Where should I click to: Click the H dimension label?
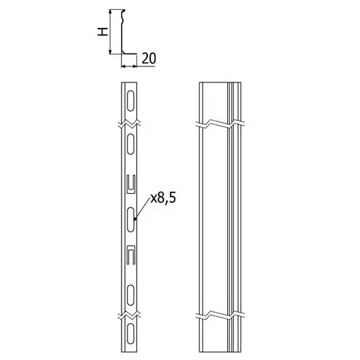coord(103,32)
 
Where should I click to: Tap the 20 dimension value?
coord(149,58)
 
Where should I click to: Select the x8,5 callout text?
coord(163,198)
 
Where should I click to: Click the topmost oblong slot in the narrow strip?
coord(130,101)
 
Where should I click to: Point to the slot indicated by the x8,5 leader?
coord(130,219)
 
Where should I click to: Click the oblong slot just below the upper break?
coord(130,143)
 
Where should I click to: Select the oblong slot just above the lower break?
coord(130,296)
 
